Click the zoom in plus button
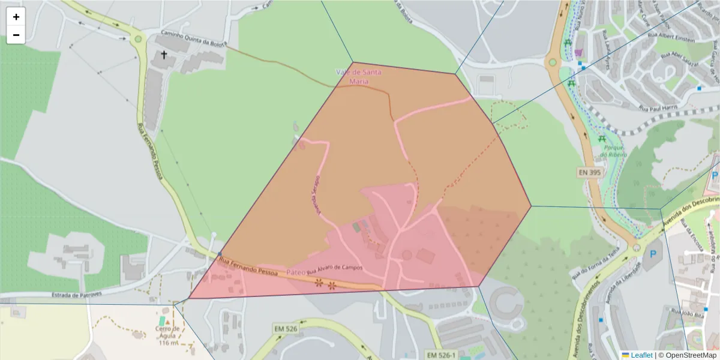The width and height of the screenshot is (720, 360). point(16,17)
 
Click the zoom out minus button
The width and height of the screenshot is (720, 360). point(16,35)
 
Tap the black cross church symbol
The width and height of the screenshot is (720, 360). point(163,55)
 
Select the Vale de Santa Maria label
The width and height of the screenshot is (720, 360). point(358,76)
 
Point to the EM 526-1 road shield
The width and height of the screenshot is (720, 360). point(441,355)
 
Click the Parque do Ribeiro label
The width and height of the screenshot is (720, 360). point(612,151)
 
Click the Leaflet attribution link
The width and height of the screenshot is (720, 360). point(641,355)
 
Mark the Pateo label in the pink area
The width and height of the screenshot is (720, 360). point(296,272)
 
